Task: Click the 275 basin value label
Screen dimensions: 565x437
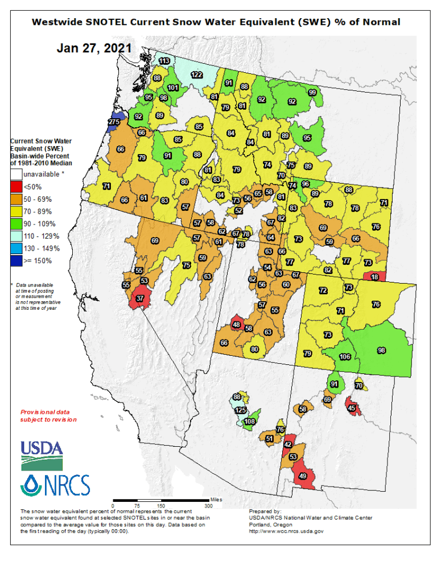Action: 114,122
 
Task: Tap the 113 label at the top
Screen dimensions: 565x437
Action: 164,61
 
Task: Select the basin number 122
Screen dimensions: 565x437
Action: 197,75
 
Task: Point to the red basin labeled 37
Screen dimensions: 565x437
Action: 140,298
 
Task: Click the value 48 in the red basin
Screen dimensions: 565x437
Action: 237,325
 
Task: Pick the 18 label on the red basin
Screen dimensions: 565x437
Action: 374,277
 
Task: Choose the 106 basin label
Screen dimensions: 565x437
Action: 345,356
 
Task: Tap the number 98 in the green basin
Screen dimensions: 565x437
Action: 382,351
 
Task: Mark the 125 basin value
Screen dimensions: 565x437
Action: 241,410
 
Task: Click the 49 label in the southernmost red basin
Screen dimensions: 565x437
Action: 303,476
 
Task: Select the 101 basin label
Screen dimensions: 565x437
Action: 173,88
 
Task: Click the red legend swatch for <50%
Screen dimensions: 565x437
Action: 17,186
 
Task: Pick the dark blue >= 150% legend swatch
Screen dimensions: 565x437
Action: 17,261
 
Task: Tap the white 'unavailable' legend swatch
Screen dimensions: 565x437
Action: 17,174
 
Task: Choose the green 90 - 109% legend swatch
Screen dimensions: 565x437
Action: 17,223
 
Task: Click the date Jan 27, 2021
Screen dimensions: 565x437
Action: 94,48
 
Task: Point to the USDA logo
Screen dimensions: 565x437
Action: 42,454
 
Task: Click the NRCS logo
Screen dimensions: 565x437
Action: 55,484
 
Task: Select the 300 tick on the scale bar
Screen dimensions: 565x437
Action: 208,505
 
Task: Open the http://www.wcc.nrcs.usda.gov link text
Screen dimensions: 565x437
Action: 286,531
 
